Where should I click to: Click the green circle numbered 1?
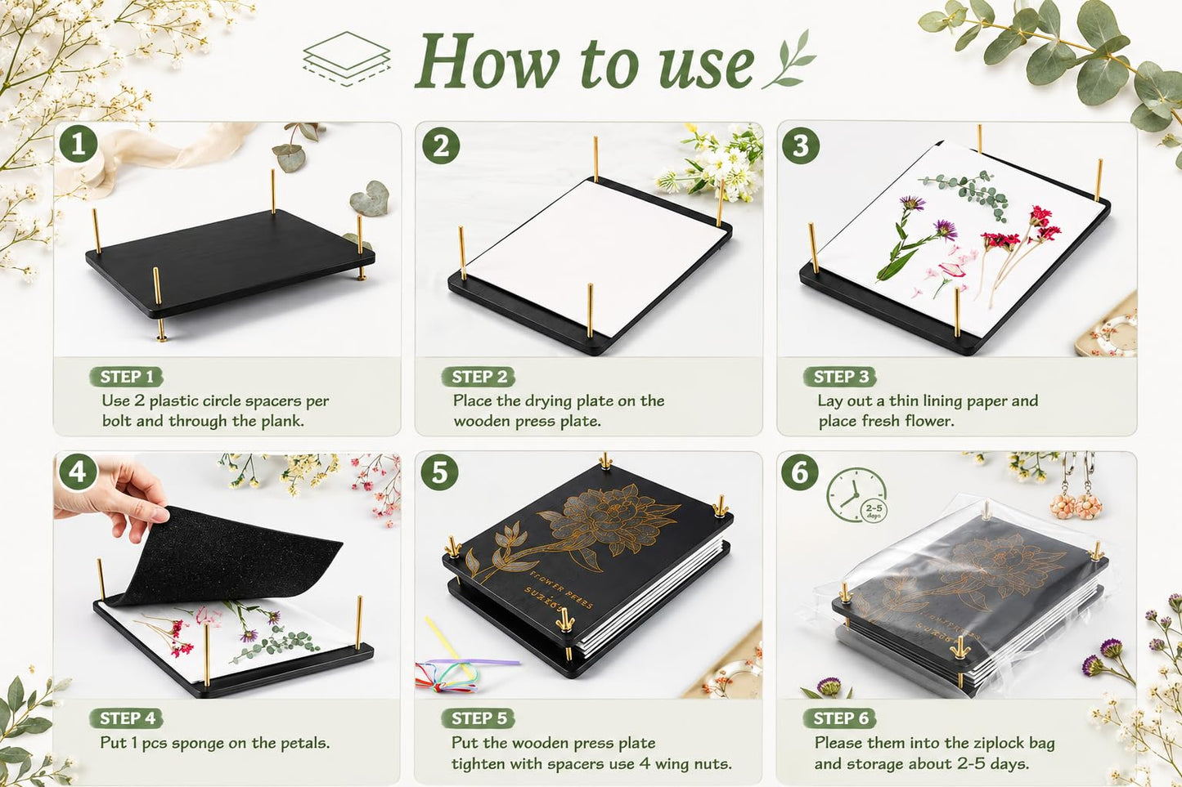click(x=78, y=143)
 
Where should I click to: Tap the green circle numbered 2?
click(x=441, y=145)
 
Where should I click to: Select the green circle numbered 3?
click(x=801, y=145)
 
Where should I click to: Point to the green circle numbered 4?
click(x=78, y=472)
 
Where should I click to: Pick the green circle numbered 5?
click(x=439, y=472)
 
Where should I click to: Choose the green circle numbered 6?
click(x=800, y=472)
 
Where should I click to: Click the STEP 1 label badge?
click(x=126, y=377)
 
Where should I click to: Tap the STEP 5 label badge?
click(x=479, y=718)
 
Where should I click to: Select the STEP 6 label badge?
click(x=840, y=718)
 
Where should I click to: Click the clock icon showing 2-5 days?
click(x=856, y=495)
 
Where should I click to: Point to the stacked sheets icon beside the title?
click(x=347, y=59)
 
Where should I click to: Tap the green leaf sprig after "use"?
click(x=789, y=59)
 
